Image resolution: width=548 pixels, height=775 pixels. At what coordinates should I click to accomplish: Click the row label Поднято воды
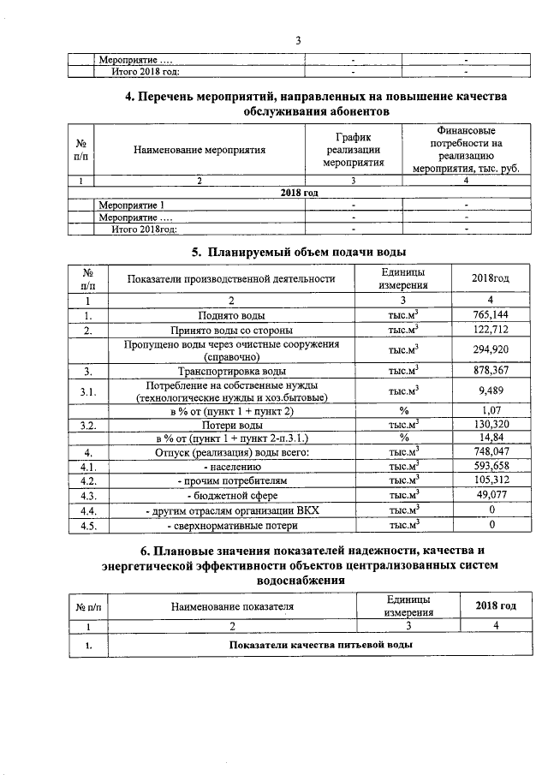click(230, 315)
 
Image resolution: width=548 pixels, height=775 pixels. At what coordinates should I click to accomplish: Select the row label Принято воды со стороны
click(230, 330)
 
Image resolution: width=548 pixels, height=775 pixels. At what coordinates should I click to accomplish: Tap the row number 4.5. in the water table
click(87, 525)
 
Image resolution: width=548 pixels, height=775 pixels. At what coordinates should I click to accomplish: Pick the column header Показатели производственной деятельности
click(230, 279)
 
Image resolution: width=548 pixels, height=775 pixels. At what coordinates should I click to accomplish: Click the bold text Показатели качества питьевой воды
click(315, 644)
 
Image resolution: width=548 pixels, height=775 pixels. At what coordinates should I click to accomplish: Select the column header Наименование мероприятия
click(200, 150)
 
